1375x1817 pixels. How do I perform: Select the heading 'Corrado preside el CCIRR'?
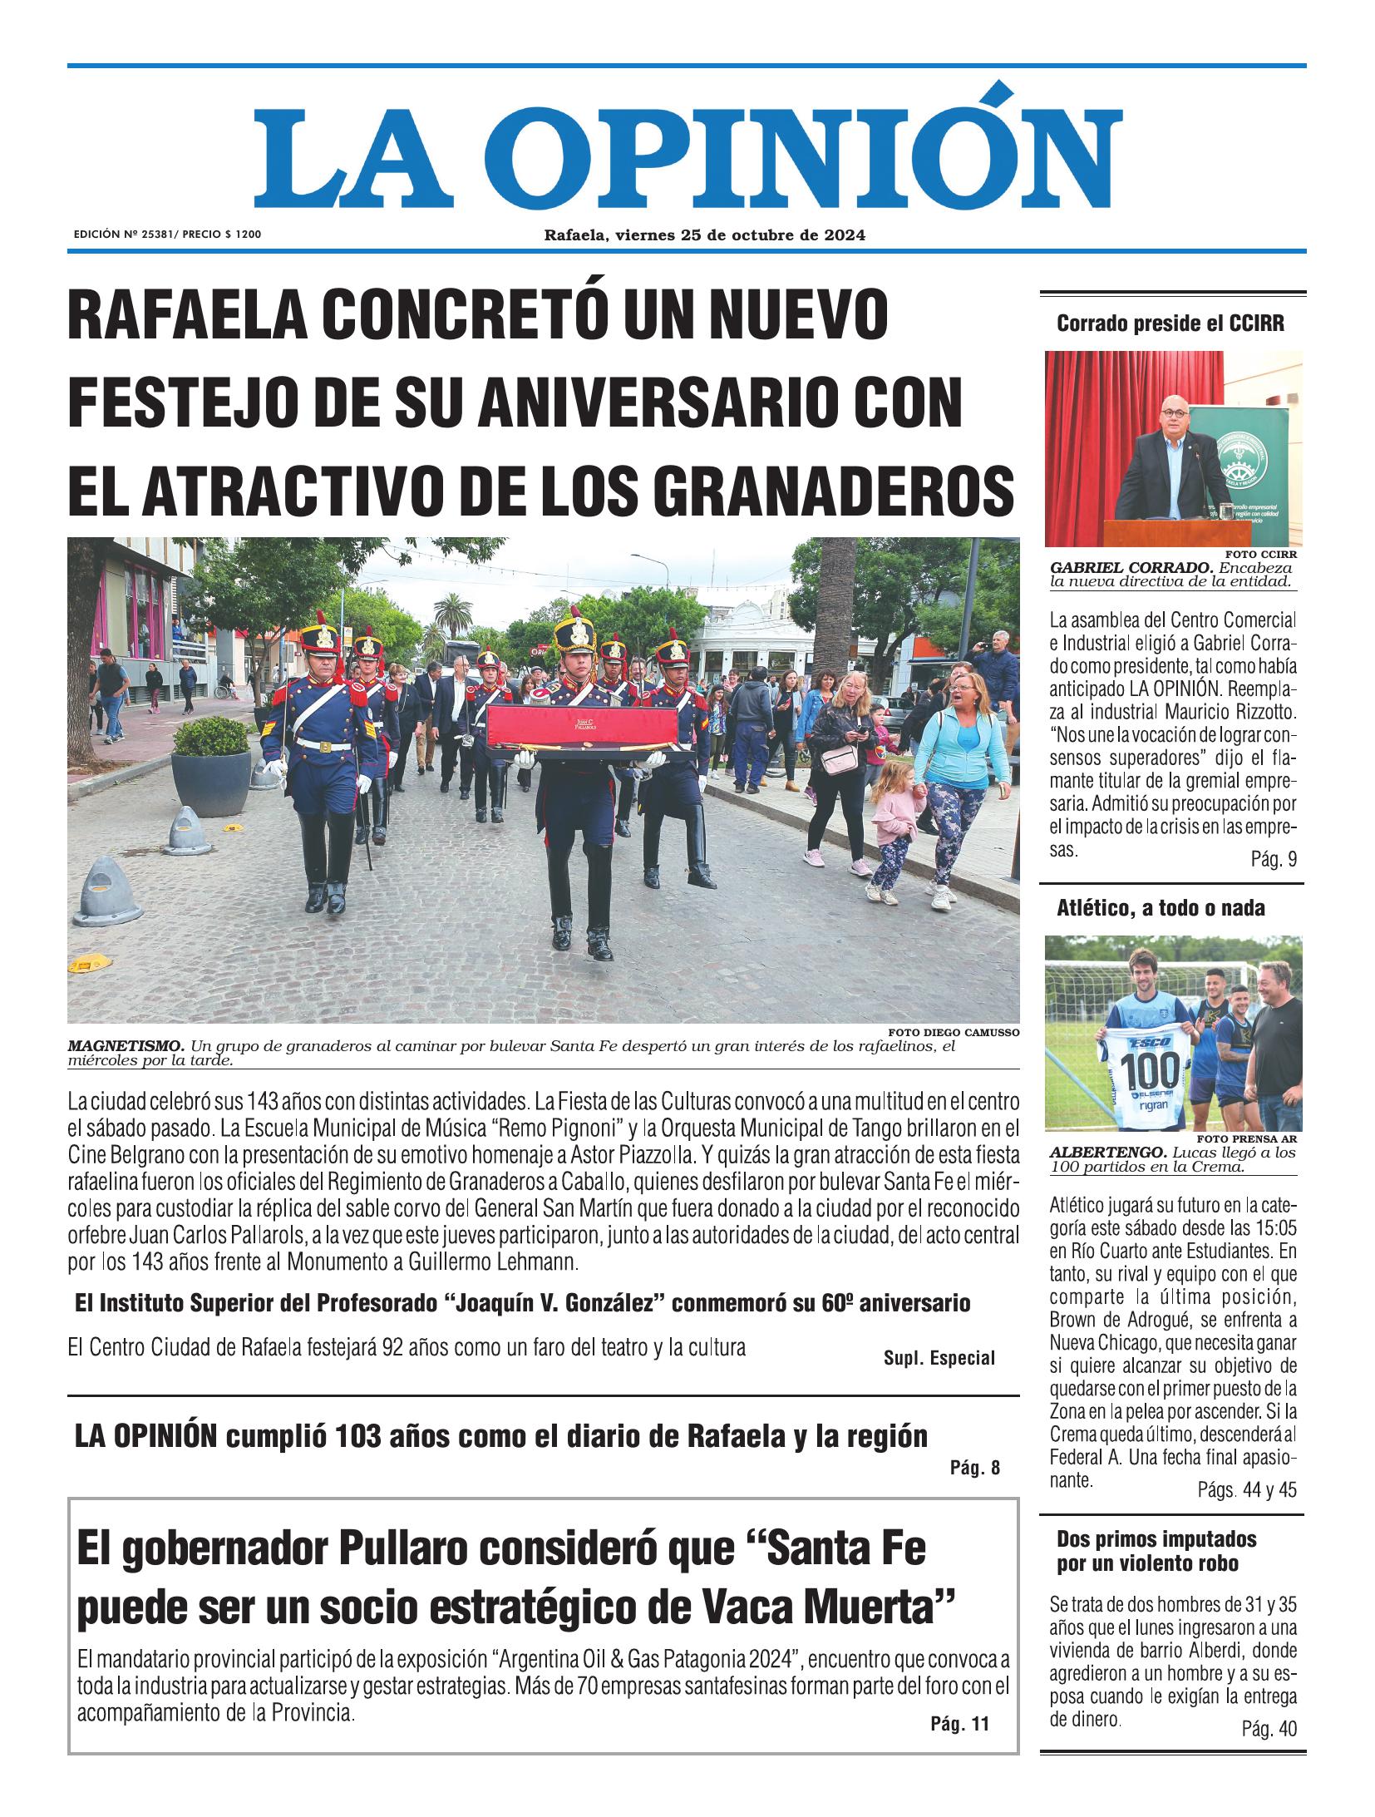pos(1170,324)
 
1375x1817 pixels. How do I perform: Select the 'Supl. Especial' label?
pos(939,1358)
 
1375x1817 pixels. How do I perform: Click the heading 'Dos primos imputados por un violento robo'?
pos(1156,1552)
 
